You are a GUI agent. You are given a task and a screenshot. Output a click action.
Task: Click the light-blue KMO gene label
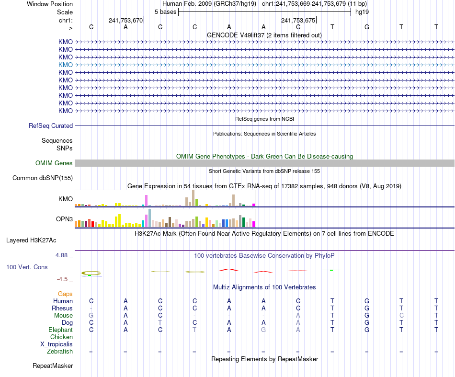[x=66, y=65]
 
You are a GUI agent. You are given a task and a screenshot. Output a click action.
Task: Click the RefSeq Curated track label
[x=51, y=126]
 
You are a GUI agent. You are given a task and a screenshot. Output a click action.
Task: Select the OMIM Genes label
[x=54, y=163]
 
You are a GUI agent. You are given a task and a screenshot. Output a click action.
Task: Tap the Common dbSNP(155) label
[x=43, y=178]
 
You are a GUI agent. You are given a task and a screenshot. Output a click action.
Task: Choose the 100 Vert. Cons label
[x=27, y=267]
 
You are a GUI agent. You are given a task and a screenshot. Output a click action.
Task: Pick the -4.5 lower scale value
[x=63, y=279]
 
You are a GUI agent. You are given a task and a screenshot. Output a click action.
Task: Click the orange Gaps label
[x=65, y=294]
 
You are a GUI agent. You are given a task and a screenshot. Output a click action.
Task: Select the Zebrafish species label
[x=60, y=351]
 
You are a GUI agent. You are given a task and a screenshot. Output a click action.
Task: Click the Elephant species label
[x=60, y=330]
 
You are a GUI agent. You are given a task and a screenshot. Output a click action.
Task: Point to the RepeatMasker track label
[x=53, y=366]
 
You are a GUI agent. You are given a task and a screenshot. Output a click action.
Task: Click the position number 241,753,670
[x=125, y=21]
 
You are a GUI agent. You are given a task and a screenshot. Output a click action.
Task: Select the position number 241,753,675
[x=298, y=21]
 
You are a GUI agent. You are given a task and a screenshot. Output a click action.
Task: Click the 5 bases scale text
[x=165, y=11]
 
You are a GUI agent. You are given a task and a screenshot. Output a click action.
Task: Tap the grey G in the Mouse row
[x=91, y=315]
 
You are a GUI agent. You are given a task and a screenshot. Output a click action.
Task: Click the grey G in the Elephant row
[x=263, y=330]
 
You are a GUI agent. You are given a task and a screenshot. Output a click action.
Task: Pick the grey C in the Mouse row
[x=401, y=315]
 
